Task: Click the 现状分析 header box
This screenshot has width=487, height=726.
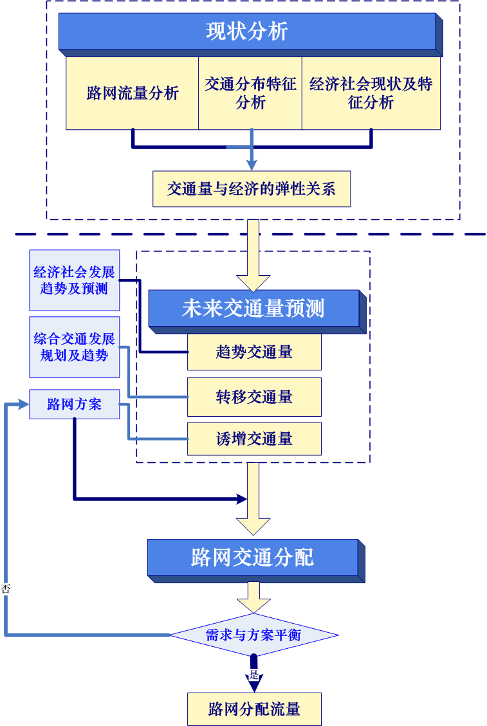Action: [247, 32]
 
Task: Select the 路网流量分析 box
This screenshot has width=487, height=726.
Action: [133, 93]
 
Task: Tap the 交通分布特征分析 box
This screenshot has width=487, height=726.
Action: [250, 93]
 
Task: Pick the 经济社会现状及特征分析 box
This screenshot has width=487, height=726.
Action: [371, 93]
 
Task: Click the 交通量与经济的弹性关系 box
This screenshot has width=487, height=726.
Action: [252, 189]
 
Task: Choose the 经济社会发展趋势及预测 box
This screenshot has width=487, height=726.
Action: [75, 280]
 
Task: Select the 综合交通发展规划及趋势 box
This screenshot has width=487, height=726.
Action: [75, 347]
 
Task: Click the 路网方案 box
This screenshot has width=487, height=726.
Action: [75, 405]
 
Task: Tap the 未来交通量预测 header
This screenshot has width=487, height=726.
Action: [253, 309]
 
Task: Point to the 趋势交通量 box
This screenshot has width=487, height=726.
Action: [254, 352]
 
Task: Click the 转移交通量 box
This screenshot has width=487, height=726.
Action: [254, 397]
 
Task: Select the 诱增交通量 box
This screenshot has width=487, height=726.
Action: [254, 439]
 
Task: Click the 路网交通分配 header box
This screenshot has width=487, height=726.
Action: [252, 557]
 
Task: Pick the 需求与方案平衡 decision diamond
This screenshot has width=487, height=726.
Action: [253, 635]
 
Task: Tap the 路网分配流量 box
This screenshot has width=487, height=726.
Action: [254, 709]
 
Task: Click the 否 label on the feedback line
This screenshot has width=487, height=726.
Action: [6, 588]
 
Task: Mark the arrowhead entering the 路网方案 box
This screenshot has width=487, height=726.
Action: [24, 404]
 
